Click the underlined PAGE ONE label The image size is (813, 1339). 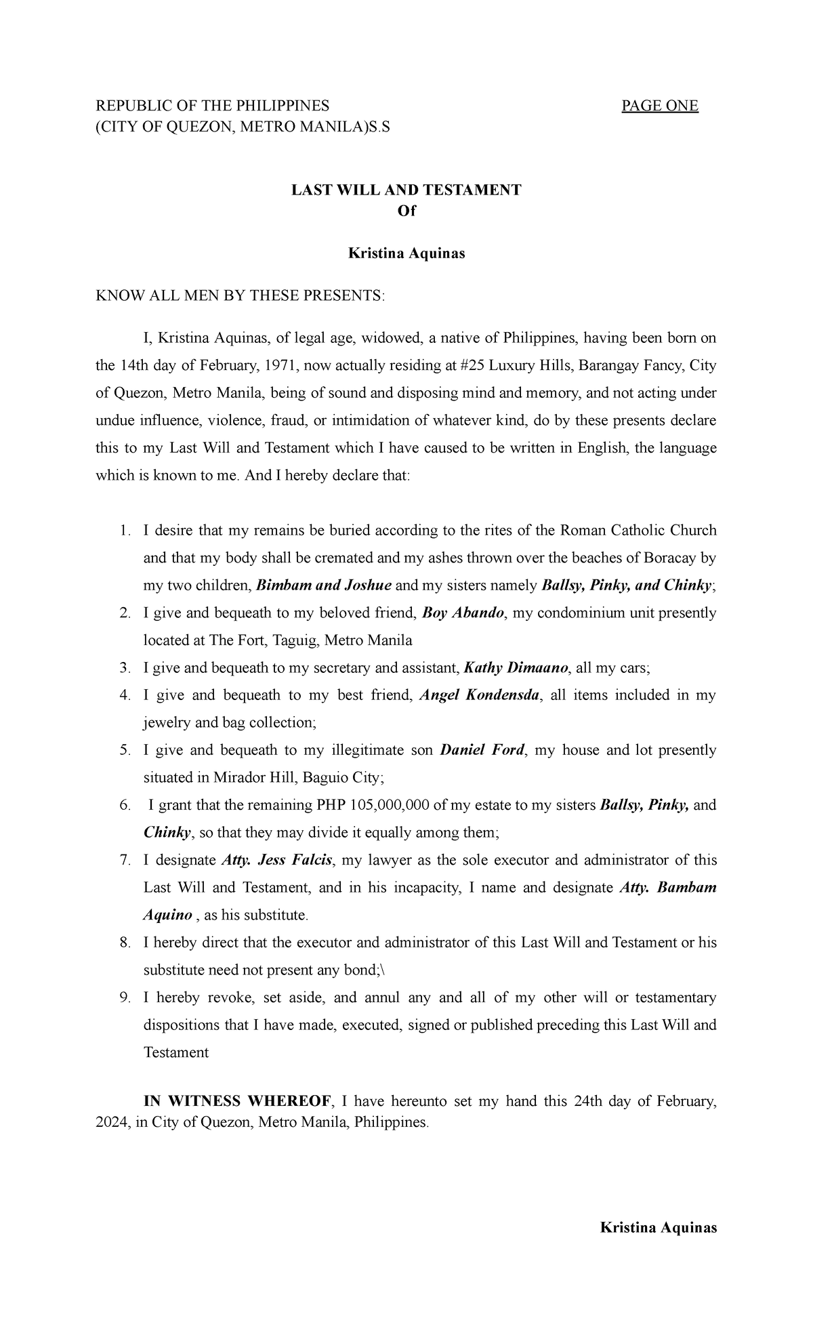tap(660, 106)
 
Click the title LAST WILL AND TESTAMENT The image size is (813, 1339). tap(406, 190)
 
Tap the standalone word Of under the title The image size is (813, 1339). tap(406, 211)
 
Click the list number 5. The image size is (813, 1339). tap(124, 750)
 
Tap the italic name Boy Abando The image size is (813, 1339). tap(463, 613)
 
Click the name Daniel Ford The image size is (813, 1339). tap(482, 750)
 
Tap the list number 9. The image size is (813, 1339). tap(124, 997)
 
